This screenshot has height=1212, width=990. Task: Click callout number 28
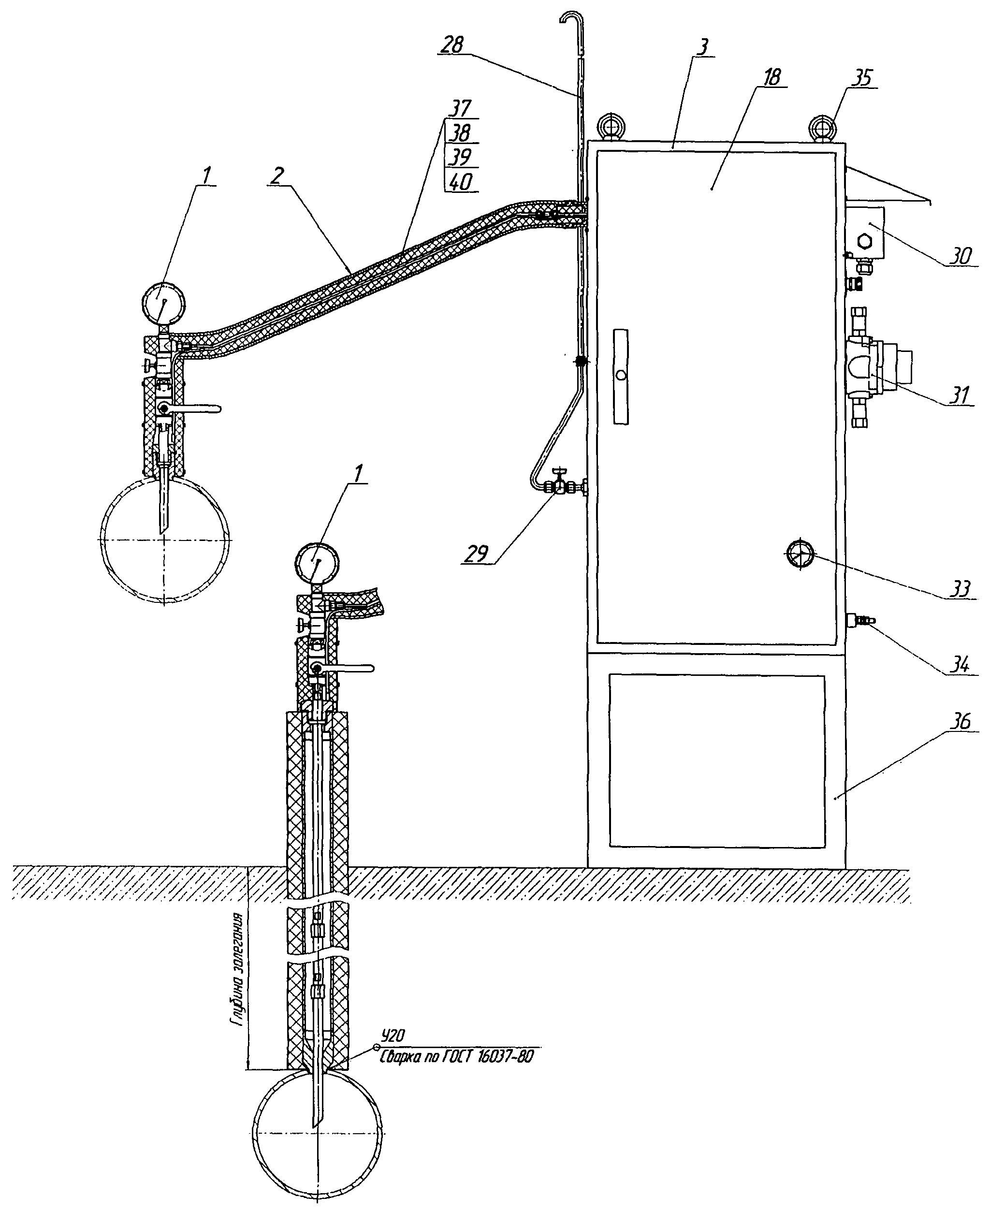click(454, 44)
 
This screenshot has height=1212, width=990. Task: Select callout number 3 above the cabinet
click(704, 47)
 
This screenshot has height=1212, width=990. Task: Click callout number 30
click(961, 257)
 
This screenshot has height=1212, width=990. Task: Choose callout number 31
click(961, 394)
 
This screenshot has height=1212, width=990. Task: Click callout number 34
click(961, 664)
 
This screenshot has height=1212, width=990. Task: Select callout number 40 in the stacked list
click(460, 182)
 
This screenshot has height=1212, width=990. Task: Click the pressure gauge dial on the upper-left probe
click(161, 302)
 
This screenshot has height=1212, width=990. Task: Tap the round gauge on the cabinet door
click(801, 553)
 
